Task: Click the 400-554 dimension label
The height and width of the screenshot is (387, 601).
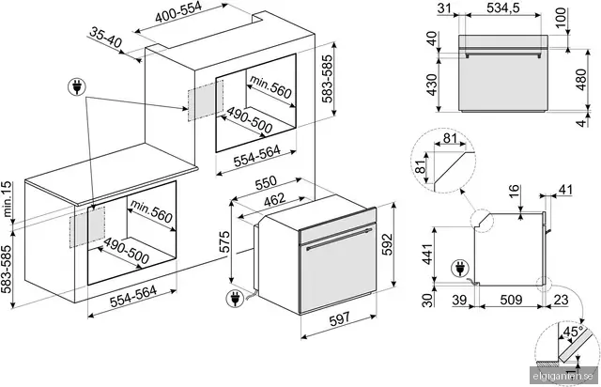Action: point(178,13)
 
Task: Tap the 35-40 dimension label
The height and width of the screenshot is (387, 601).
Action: point(106,39)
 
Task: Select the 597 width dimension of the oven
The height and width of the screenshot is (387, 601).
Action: point(340,318)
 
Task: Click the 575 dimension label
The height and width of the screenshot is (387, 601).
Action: point(224,241)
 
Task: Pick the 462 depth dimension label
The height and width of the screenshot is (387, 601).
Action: point(275,200)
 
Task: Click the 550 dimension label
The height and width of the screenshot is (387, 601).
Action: point(266,183)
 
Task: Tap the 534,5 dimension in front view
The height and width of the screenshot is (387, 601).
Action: point(503,8)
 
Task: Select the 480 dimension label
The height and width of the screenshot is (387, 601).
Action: point(581,80)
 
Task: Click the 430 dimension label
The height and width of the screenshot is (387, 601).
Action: point(432,85)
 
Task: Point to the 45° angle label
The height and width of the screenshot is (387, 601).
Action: point(574,331)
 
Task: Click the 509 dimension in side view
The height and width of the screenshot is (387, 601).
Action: point(511,300)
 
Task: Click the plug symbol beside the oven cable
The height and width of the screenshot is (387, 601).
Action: point(235,299)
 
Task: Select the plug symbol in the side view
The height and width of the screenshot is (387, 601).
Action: point(459,269)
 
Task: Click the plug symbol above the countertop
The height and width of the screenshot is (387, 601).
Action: point(77,88)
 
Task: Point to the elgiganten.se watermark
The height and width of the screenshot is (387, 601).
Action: point(563,377)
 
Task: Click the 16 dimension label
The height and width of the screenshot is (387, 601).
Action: point(515,191)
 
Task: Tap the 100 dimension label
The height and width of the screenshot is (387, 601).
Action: point(562,17)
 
